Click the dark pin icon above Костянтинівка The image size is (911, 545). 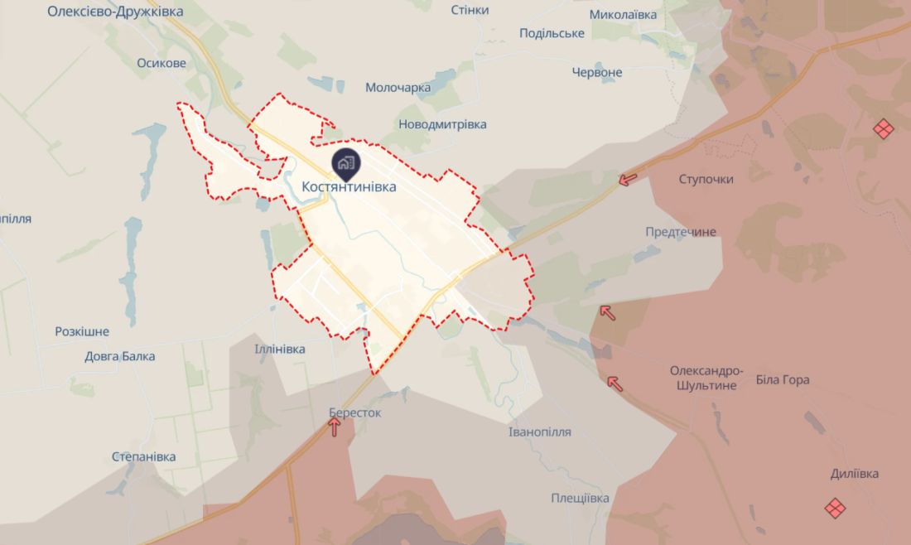tap(345, 163)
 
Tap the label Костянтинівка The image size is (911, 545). tap(349, 187)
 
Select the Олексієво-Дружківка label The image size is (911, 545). tap(115, 12)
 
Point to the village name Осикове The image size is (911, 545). tap(162, 63)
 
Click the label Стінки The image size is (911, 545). tap(470, 10)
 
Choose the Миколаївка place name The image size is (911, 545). tap(623, 15)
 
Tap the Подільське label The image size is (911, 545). tap(552, 33)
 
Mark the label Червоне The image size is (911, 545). tap(597, 72)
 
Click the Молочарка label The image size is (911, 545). tap(398, 88)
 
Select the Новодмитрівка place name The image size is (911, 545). tap(442, 124)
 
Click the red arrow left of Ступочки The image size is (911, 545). tap(629, 178)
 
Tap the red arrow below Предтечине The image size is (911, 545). tap(608, 312)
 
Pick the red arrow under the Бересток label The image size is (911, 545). tap(335, 427)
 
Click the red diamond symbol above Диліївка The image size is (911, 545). tap(835, 507)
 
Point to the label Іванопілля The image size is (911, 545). tap(539, 432)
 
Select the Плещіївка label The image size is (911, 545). tap(580, 498)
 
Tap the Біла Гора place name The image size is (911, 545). tap(783, 380)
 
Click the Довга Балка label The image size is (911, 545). tap(120, 356)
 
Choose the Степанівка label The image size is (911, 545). tap(144, 457)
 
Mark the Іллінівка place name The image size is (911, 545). tap(280, 350)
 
